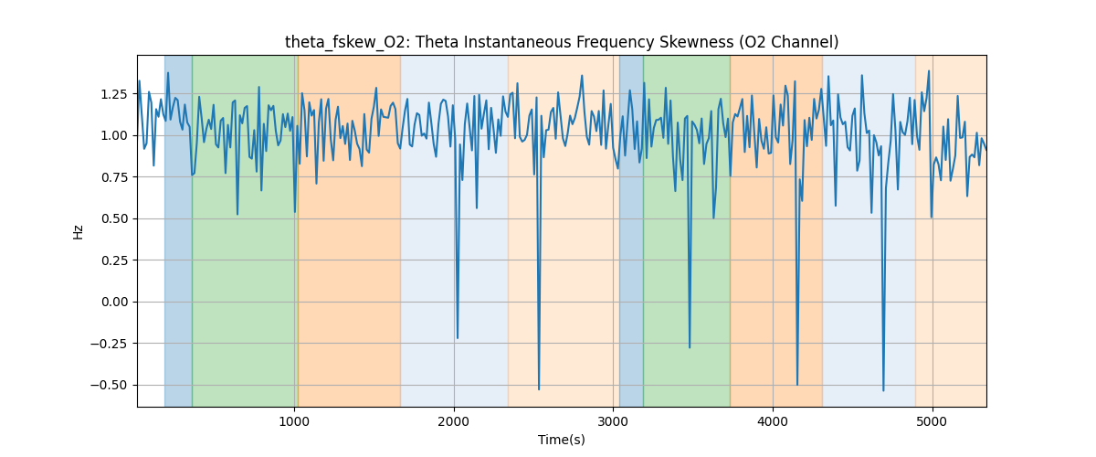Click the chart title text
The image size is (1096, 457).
click(562, 42)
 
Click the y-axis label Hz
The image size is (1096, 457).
click(79, 231)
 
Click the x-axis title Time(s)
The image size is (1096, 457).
click(562, 440)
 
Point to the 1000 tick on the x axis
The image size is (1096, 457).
click(294, 420)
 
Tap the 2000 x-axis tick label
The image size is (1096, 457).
click(454, 420)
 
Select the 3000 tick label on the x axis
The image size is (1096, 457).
click(613, 420)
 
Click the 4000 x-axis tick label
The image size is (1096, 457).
click(773, 420)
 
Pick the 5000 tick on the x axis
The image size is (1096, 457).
click(932, 420)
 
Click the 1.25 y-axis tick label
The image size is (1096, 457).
click(113, 94)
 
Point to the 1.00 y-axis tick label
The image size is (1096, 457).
click(113, 135)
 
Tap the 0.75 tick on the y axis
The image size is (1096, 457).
click(113, 177)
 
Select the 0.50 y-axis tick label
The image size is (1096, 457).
click(113, 218)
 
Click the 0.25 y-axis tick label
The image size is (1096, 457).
click(113, 260)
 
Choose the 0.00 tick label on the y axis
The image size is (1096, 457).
click(113, 302)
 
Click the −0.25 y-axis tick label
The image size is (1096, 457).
click(110, 344)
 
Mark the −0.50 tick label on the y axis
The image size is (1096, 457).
click(110, 385)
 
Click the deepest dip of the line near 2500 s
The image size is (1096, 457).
click(539, 389)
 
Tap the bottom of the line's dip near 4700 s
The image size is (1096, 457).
click(883, 390)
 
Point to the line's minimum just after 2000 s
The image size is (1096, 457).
click(458, 338)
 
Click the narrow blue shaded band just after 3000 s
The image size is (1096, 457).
click(631, 228)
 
